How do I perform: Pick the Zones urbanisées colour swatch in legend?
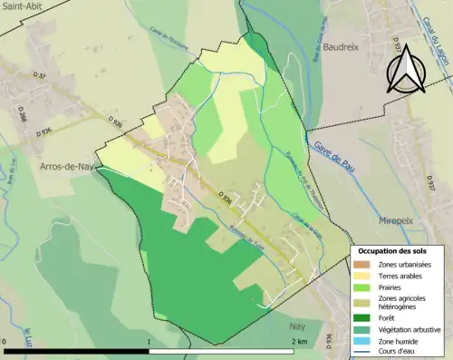coord(363,264)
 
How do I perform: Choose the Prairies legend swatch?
coord(363,287)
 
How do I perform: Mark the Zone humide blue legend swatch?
coord(363,340)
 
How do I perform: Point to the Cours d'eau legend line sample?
coord(363,351)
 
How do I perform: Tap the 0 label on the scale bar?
coord(5,341)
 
